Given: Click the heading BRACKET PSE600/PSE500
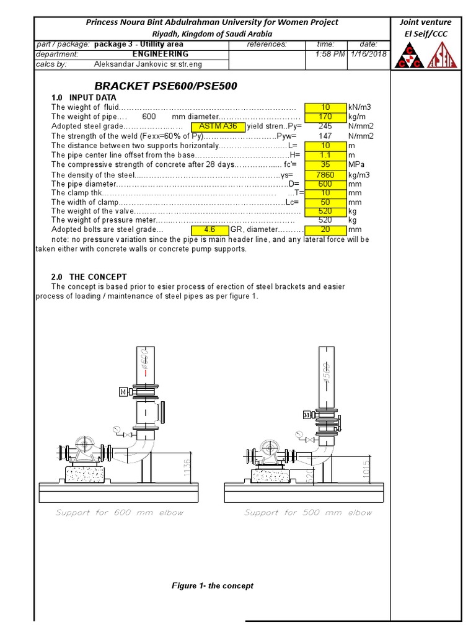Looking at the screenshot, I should (165, 86).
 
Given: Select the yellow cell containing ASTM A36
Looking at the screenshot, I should (218, 127).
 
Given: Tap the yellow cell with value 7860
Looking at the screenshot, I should (325, 175).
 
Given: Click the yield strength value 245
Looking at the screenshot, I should (325, 127).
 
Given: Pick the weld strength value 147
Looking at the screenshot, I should (325, 136).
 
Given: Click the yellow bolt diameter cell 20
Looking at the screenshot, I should (325, 229).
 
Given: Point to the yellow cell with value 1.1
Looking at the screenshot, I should (325, 155).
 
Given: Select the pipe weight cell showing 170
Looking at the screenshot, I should (325, 117).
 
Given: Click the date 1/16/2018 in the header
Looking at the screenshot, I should (368, 55).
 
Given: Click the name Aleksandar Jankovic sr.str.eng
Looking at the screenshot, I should (148, 64).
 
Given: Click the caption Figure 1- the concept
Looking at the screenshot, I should (212, 585).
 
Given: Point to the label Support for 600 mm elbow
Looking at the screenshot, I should (120, 513).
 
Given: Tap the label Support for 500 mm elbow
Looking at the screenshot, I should (308, 513).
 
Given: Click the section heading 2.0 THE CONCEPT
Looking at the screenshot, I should (89, 277).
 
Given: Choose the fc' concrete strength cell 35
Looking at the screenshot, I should (325, 165).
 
